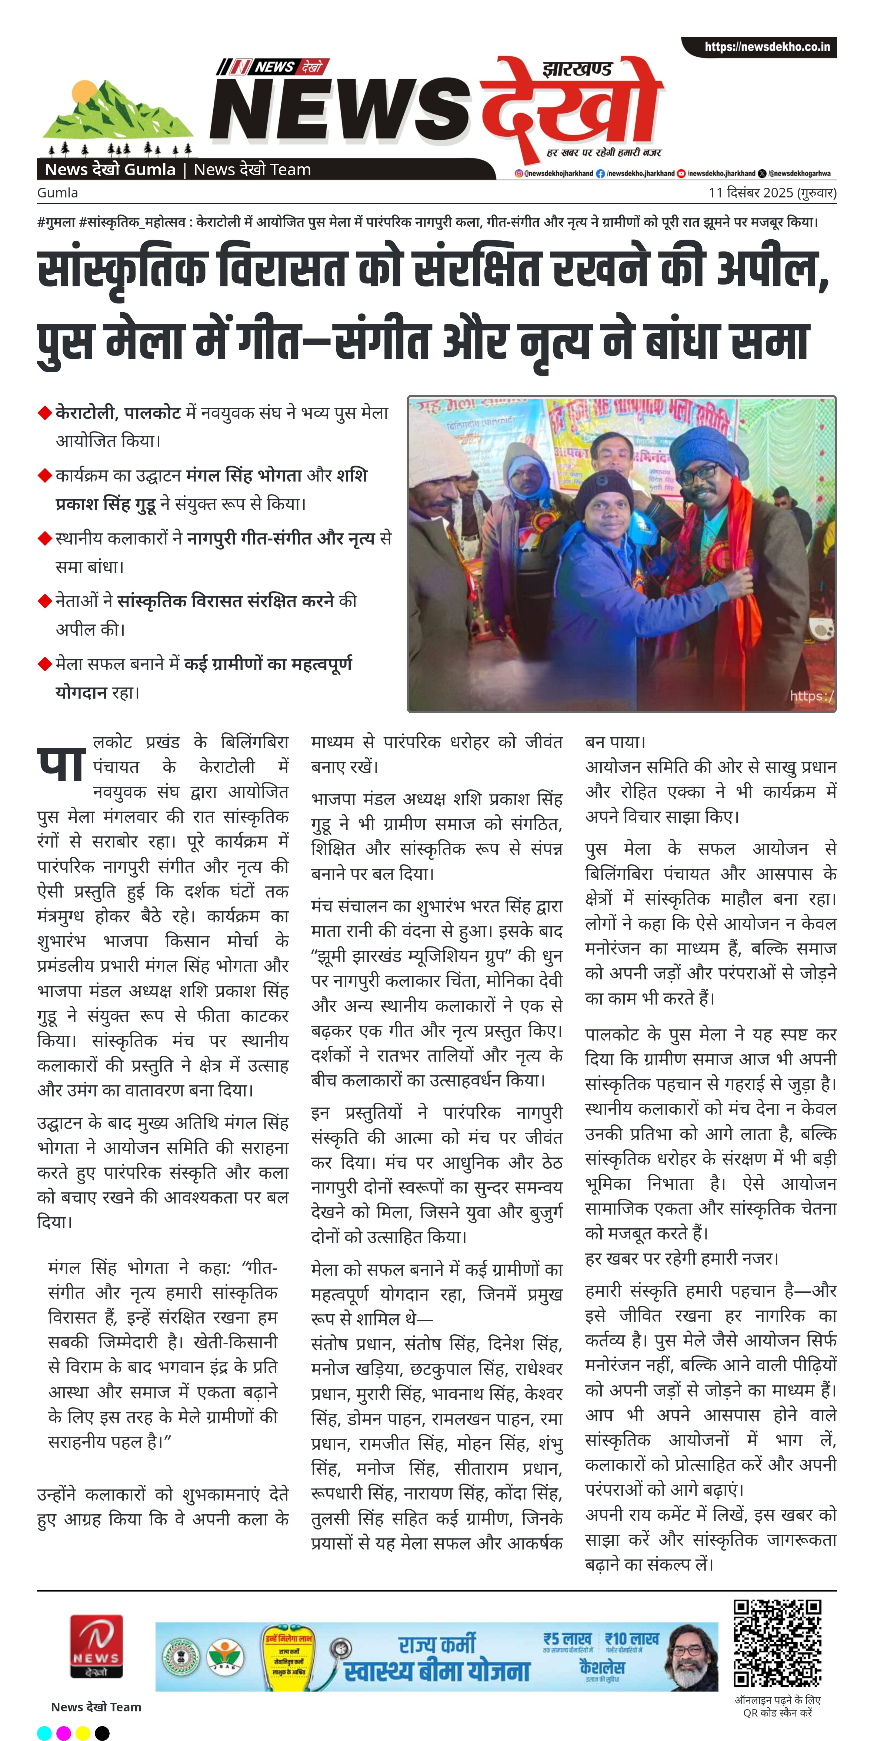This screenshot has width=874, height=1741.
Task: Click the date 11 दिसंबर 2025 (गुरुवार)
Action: coord(772,193)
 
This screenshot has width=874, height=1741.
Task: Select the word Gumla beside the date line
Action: coord(57,193)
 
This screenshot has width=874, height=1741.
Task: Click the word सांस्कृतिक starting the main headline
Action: coord(122,269)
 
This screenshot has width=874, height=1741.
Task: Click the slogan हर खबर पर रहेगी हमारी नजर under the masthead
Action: coord(604,153)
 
